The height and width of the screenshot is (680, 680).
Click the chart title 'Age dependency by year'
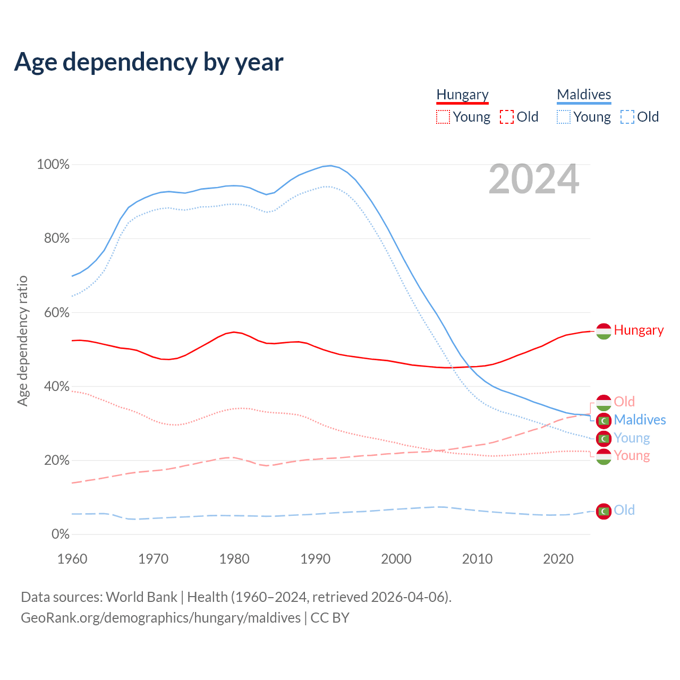point(149,62)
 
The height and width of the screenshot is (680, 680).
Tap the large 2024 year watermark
point(533,180)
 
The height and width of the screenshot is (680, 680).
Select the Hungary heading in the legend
point(462,95)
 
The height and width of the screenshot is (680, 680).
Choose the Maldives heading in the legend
point(584,95)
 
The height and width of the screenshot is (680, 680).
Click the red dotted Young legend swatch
point(443,117)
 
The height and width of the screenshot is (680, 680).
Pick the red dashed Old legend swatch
point(507,117)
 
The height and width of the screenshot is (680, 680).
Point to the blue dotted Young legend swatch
point(564,117)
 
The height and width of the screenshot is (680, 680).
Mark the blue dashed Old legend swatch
point(627,117)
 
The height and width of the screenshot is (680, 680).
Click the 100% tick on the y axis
point(53,165)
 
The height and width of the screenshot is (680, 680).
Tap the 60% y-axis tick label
point(56,312)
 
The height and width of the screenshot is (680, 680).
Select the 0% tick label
point(60,534)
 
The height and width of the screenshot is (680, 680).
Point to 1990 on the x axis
point(316,559)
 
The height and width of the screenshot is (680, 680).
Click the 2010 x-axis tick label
point(477,559)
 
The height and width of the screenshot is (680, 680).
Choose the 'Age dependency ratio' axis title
point(22,341)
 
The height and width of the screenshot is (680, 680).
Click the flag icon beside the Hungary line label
point(603,331)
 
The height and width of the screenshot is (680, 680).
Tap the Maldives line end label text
point(640,420)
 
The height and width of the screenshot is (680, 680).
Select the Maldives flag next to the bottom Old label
point(603,511)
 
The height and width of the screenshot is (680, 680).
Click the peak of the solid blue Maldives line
point(331,165)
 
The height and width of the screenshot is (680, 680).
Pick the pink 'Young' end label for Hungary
point(632,455)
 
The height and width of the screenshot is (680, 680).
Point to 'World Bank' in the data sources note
point(141,597)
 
